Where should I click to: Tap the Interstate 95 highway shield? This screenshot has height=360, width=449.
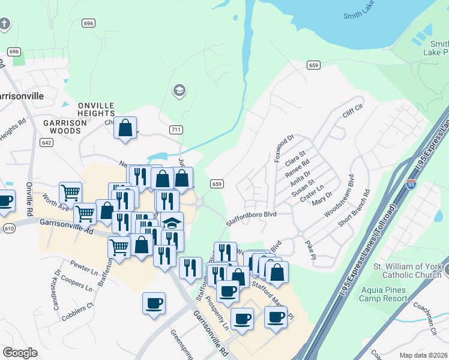[411, 185]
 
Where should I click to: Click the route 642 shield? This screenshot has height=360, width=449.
[47, 142]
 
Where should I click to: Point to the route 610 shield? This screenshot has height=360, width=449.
[8, 229]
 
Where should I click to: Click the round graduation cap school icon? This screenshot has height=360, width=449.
[178, 91]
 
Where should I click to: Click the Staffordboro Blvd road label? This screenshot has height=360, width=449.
[250, 218]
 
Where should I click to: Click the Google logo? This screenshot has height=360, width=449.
[20, 352]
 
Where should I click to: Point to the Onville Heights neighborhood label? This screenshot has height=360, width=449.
[96, 109]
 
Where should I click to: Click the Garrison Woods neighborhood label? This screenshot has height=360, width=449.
[62, 126]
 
